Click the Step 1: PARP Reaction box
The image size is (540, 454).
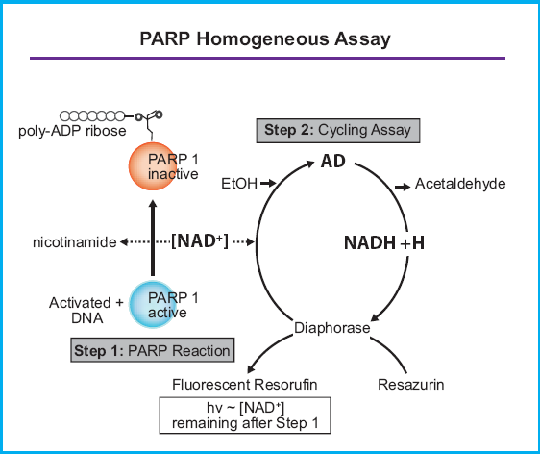click(154, 350)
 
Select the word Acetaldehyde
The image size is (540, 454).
click(460, 183)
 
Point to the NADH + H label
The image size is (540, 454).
click(384, 243)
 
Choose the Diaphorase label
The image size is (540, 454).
click(331, 327)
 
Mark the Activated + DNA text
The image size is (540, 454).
click(86, 310)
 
